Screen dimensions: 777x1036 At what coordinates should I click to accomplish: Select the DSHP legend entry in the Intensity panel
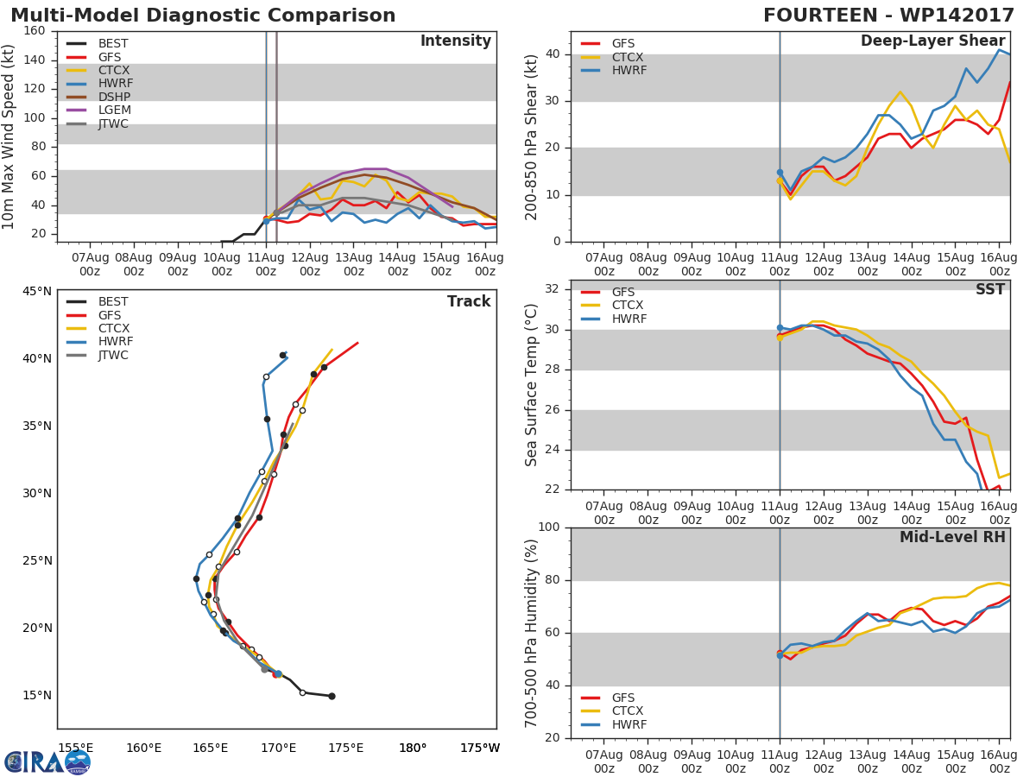coord(113,98)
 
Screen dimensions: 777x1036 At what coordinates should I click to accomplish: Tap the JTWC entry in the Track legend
coord(112,355)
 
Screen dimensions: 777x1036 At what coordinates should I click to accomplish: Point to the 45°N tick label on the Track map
coord(37,291)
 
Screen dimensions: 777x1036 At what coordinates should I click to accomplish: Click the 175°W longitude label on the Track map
coord(479,748)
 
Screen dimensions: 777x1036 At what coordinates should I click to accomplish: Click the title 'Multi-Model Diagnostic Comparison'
coord(203,16)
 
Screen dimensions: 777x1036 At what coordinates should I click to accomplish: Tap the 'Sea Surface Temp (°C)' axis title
coord(532,384)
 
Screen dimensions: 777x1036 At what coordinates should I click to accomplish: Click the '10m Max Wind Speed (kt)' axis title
coord(9,136)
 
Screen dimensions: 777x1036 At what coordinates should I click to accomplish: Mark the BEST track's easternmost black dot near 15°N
coord(332,696)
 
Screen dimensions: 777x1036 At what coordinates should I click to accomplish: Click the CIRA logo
coord(47,761)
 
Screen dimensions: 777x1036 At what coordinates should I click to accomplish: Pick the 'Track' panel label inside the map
coord(468,301)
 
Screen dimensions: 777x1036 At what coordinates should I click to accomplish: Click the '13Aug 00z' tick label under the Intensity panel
coord(353,264)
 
